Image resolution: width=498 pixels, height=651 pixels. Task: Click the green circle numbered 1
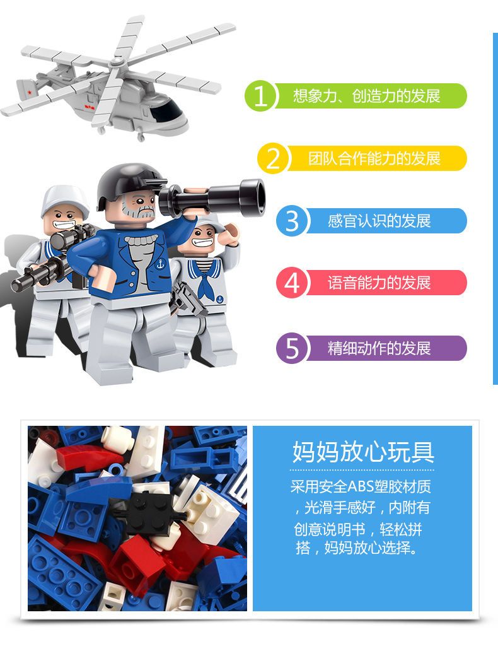tap(260, 96)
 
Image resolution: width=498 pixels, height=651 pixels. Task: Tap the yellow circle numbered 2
tap(273, 158)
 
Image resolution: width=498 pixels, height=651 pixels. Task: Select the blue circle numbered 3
tap(292, 220)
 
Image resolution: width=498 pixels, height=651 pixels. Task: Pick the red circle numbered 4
tap(292, 283)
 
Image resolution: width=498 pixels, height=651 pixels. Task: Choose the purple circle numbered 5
tap(292, 348)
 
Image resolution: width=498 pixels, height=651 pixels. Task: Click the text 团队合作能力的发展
tap(374, 158)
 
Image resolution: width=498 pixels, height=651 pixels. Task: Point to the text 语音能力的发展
tap(379, 283)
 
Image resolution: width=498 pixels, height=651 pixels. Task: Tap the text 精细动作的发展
tap(379, 348)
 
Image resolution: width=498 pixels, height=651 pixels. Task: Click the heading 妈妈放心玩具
tap(363, 452)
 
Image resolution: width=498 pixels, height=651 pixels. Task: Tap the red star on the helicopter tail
tap(29, 91)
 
